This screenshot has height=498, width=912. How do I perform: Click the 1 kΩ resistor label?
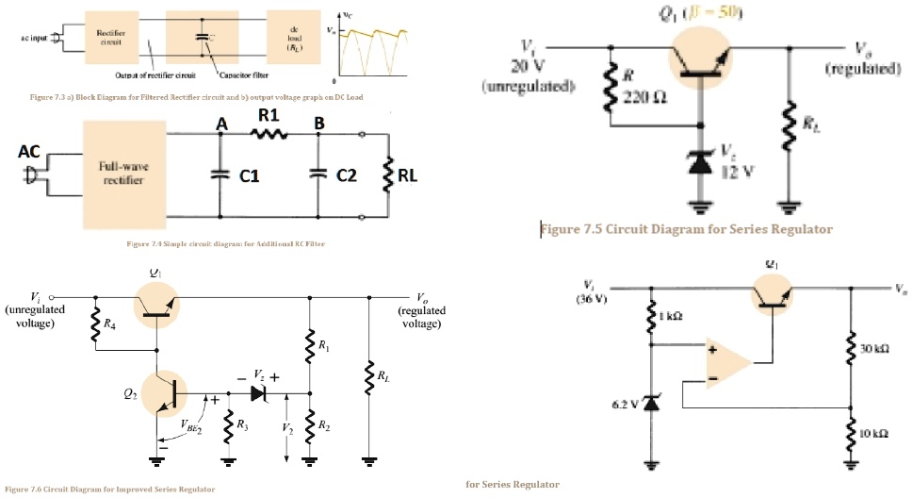671,317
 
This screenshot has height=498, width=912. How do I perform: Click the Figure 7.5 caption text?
686,228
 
